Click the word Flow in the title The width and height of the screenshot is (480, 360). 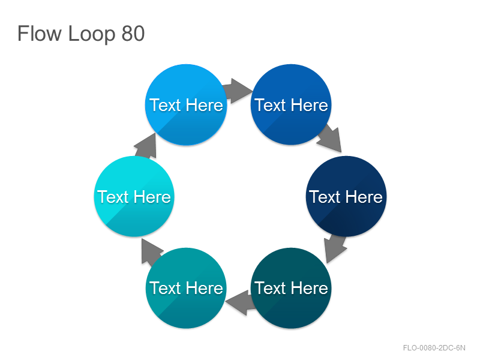[40, 34]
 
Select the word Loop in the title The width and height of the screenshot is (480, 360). [92, 34]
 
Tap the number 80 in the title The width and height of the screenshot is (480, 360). [133, 34]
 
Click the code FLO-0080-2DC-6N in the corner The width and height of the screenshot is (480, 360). [434, 348]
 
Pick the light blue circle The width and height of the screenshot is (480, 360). [186, 104]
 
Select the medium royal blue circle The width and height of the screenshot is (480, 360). [291, 104]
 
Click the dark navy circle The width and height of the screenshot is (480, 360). [346, 196]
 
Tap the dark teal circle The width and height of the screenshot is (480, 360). [291, 288]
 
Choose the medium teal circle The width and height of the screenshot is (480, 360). [186, 288]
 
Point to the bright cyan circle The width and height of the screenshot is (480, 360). [134, 196]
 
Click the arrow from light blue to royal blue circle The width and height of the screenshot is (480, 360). [238, 91]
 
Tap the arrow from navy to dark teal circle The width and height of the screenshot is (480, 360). [335, 248]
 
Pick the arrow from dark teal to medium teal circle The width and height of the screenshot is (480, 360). [241, 302]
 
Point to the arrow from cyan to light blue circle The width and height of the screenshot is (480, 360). [146, 145]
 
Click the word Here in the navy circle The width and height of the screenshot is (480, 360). [364, 197]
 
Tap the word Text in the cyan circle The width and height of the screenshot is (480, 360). [113, 197]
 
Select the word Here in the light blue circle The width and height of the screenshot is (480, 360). [204, 105]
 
